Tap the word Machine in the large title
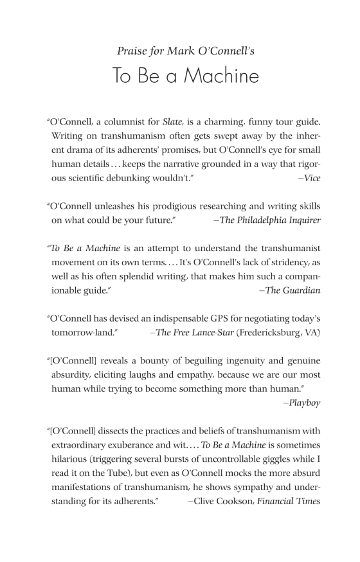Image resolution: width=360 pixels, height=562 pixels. pos(219,76)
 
